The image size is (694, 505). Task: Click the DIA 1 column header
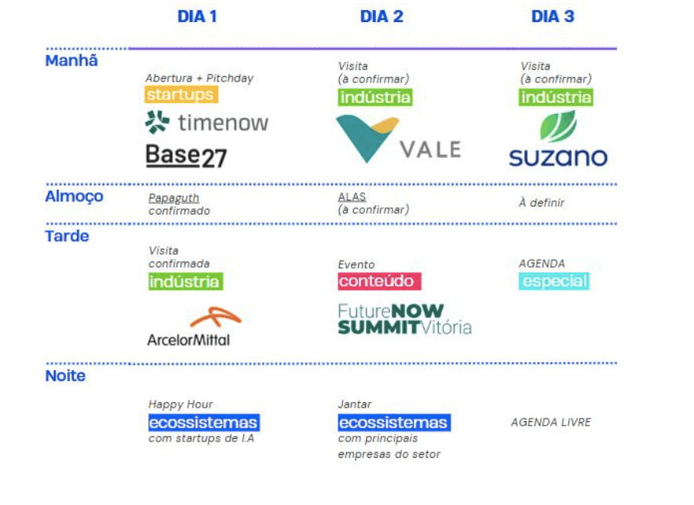click(x=197, y=16)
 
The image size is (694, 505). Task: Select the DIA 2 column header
click(x=382, y=16)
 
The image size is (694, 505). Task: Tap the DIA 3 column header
click(x=553, y=16)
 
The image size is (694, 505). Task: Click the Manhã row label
click(x=71, y=60)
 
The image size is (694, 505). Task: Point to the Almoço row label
click(x=74, y=196)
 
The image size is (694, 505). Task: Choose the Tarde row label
click(x=67, y=236)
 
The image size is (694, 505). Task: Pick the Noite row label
click(x=65, y=376)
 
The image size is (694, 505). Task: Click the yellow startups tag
click(x=181, y=95)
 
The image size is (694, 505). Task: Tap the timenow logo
click(x=207, y=123)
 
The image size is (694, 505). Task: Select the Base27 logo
click(x=186, y=156)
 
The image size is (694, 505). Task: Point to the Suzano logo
click(x=558, y=140)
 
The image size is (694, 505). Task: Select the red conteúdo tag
click(x=380, y=281)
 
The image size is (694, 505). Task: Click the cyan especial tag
click(x=553, y=281)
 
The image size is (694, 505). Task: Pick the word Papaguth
click(x=173, y=198)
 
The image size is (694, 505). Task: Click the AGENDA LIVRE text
click(x=551, y=423)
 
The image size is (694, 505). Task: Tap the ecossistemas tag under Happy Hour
click(x=203, y=423)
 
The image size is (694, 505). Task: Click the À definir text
click(x=541, y=203)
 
